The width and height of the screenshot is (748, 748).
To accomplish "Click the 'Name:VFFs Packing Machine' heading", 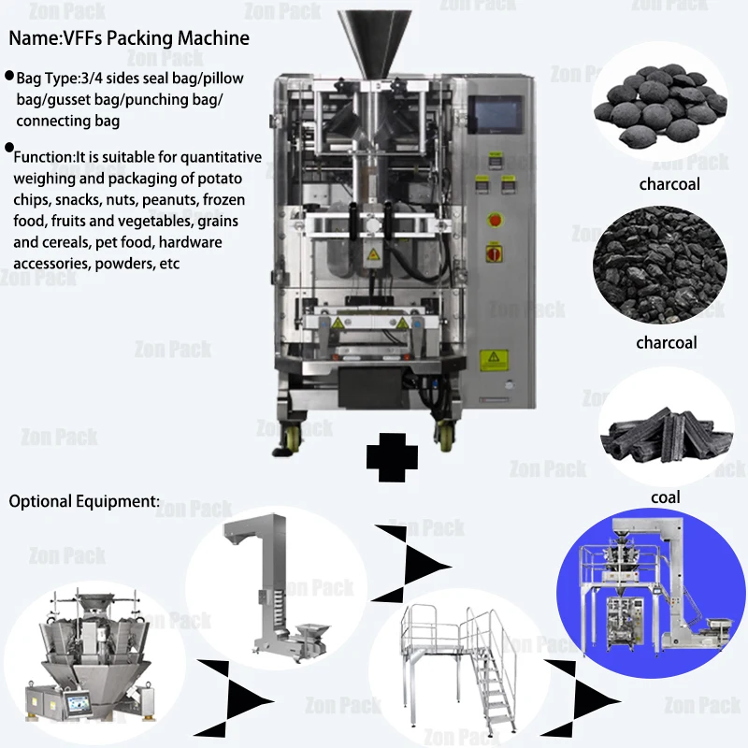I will coord(129,38).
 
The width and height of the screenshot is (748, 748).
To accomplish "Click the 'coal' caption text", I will coord(666,497).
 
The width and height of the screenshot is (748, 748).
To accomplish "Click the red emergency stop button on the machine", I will coord(495,220).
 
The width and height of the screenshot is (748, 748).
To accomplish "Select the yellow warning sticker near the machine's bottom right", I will coord(491,360).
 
